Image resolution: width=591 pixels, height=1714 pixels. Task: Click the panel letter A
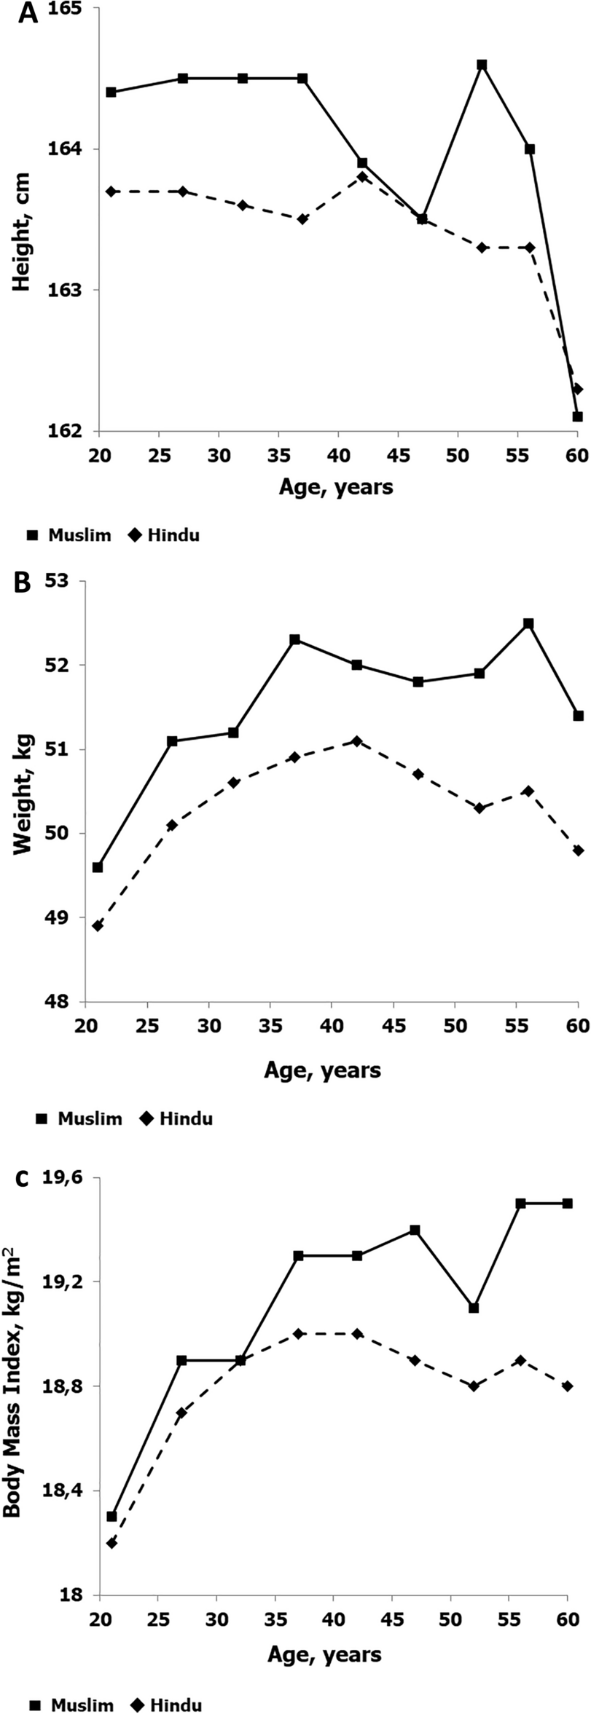(28, 14)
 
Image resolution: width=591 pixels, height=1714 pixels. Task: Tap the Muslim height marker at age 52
(482, 65)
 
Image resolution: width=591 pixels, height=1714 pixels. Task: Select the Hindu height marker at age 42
(362, 177)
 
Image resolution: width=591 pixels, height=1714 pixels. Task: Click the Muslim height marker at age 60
(577, 416)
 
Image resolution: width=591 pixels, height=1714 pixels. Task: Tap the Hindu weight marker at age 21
(98, 925)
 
